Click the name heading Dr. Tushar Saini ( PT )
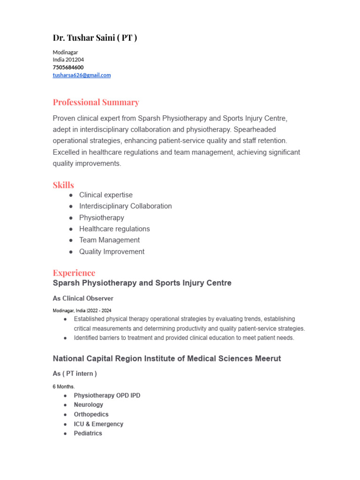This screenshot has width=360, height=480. [95, 37]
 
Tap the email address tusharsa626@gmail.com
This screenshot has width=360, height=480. [82, 75]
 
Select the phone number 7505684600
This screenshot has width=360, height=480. [68, 67]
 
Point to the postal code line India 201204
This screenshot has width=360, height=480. [68, 60]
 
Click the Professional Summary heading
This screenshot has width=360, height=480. [96, 102]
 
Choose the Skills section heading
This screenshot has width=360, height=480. [63, 185]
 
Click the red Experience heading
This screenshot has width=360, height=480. [74, 272]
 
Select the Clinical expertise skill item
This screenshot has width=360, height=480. [106, 195]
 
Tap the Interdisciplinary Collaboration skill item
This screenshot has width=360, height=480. [125, 206]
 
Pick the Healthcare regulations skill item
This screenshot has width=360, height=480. [114, 229]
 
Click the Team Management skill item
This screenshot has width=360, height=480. [109, 240]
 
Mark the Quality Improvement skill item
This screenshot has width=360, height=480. [112, 252]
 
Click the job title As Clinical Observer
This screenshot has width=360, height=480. [83, 298]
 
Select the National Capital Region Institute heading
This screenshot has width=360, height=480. [167, 359]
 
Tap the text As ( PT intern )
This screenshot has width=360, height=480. [75, 374]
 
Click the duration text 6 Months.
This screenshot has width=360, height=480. [64, 386]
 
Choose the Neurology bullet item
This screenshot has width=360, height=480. [89, 405]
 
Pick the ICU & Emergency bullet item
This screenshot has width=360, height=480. [98, 424]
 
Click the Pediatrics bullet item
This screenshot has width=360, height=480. [88, 433]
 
